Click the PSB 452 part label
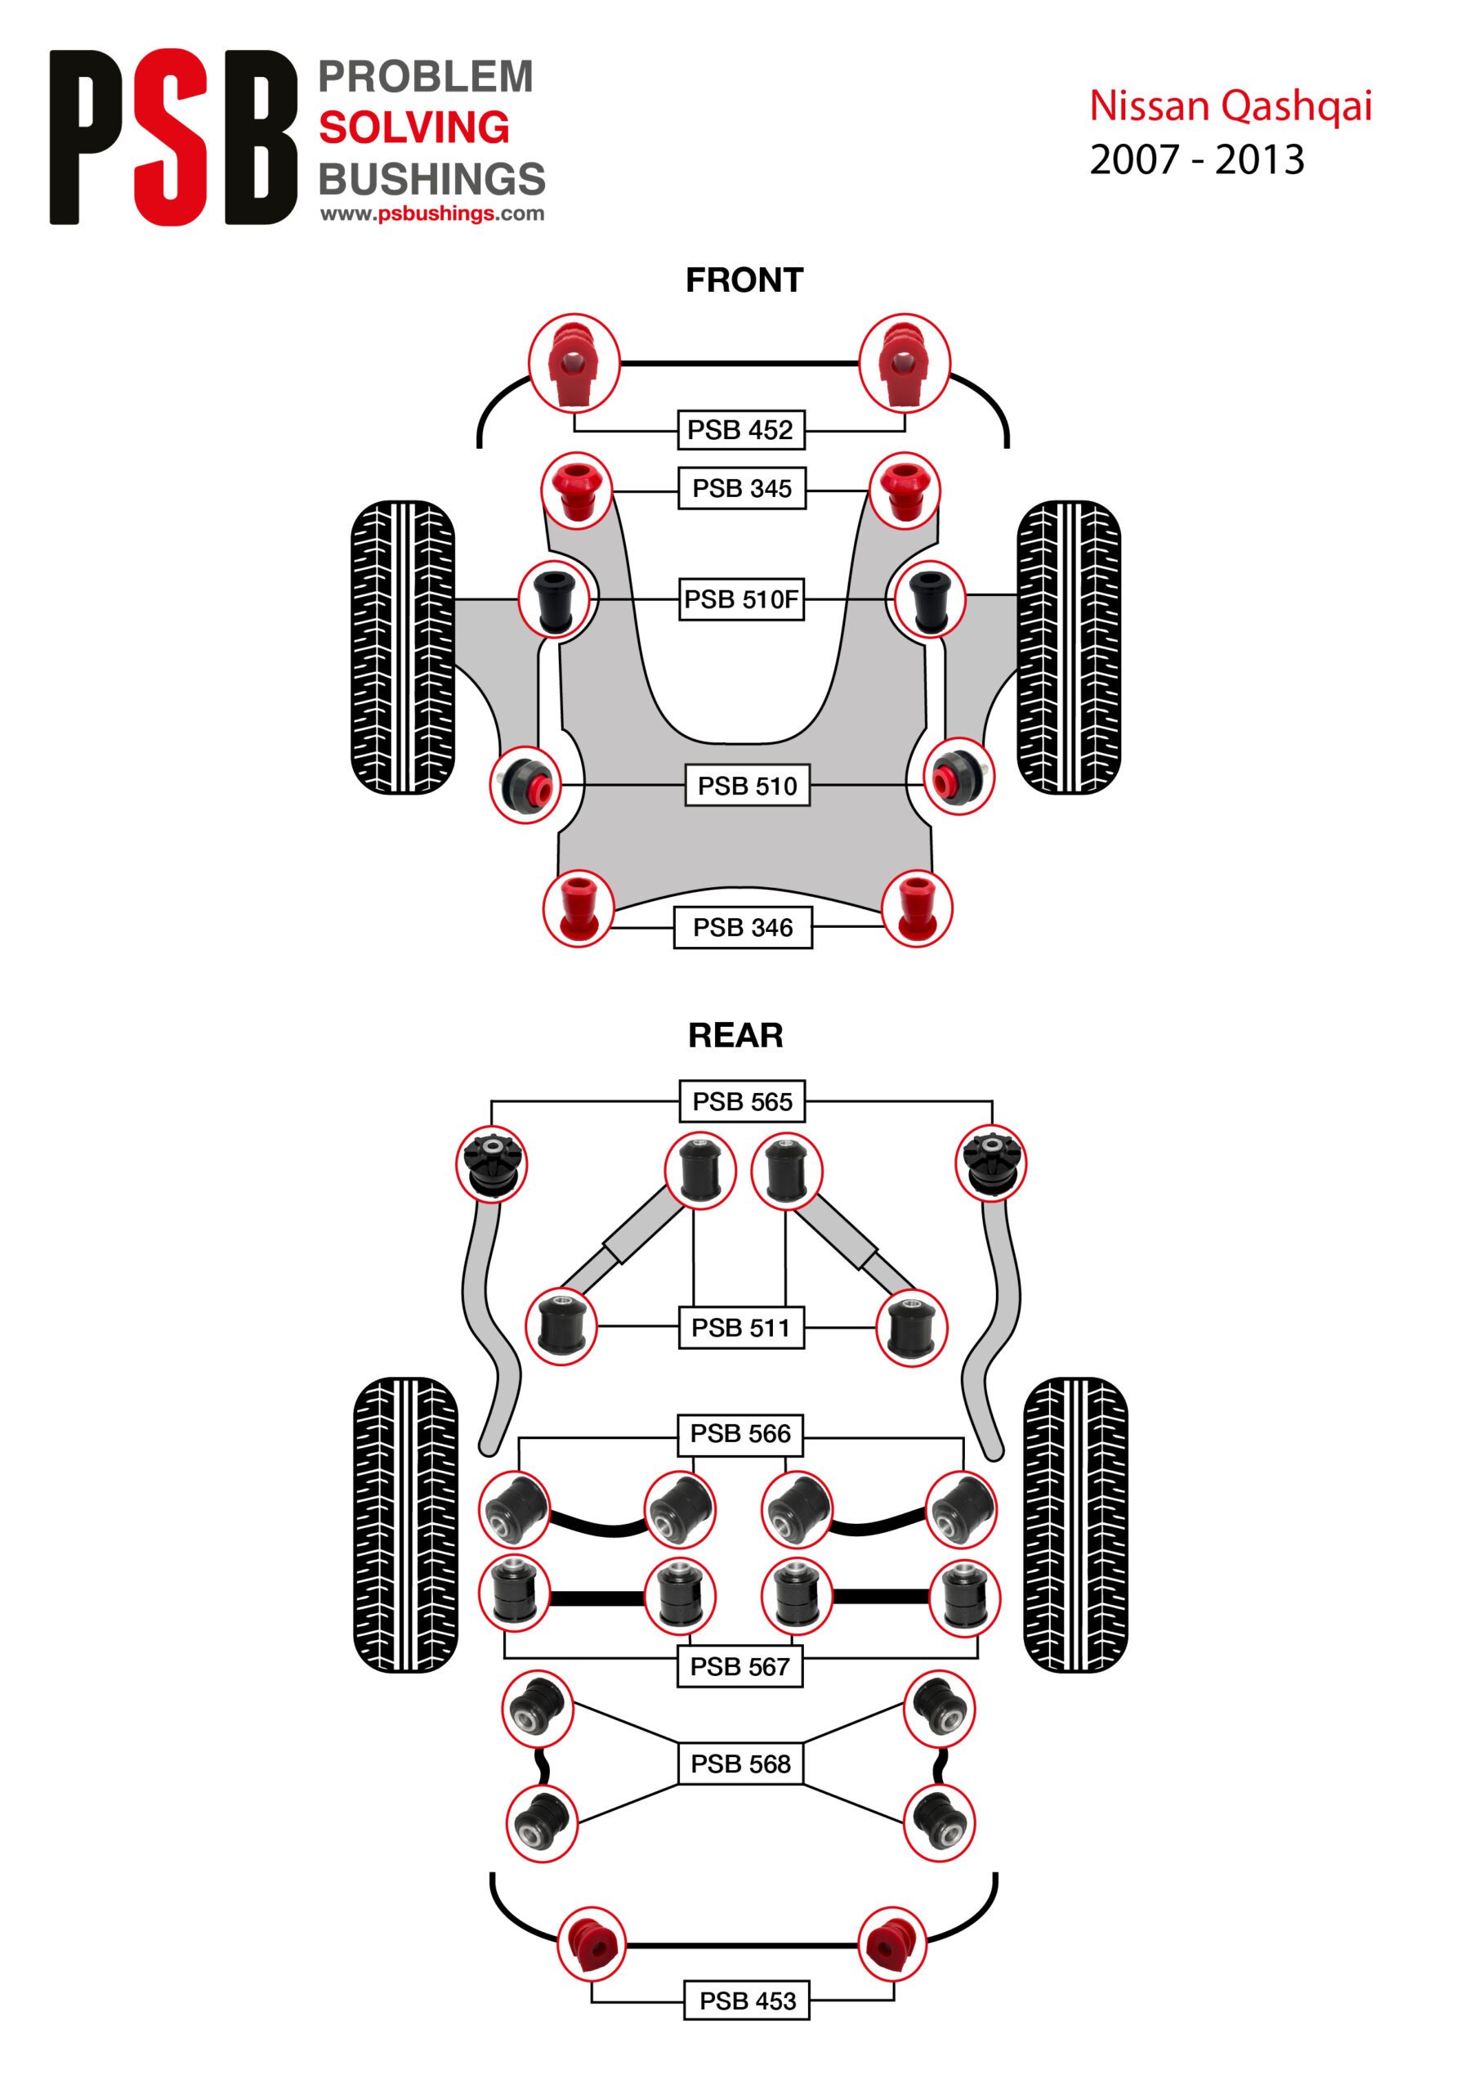pos(741,429)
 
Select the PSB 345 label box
pos(742,489)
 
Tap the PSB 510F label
pos(741,599)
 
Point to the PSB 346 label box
pos(742,927)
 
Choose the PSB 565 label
pos(742,1101)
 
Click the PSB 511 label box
pos(741,1327)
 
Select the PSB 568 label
pos(740,1764)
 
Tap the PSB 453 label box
pos(746,2001)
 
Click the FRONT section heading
pos(744,280)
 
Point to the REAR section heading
pos(735,1035)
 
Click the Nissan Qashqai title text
pos(1231,105)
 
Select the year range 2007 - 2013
pos(1196,159)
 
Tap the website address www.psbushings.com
pos(432,213)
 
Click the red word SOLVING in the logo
pos(413,127)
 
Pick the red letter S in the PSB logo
pos(172,137)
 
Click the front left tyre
pos(403,648)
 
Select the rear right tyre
pos(1075,1524)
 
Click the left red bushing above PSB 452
pos(574,363)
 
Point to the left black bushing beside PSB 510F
pos(553,599)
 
